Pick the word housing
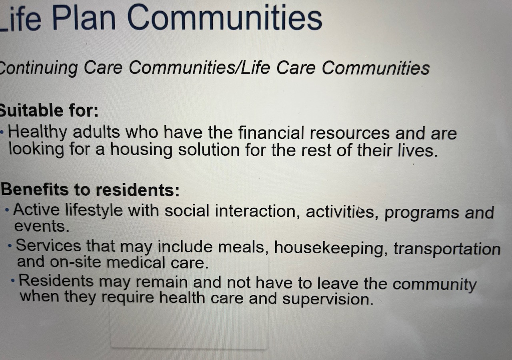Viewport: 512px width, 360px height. pyautogui.click(x=141, y=150)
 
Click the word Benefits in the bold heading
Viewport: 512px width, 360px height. pyautogui.click(x=35, y=190)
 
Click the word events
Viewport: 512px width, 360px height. pyautogui.click(x=42, y=226)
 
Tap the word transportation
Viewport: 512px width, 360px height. pyautogui.click(x=447, y=249)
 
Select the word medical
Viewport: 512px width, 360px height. pyautogui.click(x=136, y=262)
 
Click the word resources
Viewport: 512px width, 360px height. pyautogui.click(x=350, y=134)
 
